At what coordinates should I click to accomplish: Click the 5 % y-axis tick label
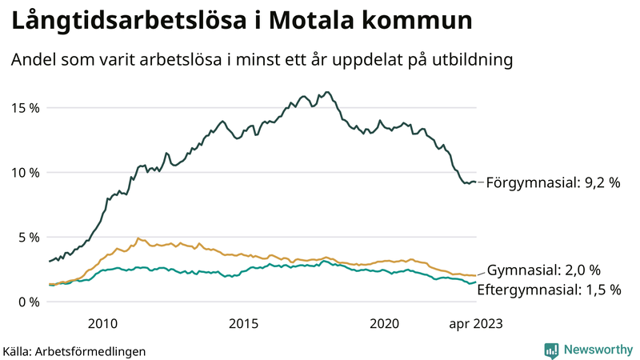click(x=30, y=238)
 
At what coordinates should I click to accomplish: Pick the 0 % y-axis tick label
click(x=30, y=302)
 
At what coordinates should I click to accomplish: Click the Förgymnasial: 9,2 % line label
click(x=553, y=183)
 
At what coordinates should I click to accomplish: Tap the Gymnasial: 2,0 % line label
click(x=543, y=270)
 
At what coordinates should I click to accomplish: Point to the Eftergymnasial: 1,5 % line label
click(x=549, y=290)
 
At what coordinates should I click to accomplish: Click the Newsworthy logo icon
click(x=551, y=350)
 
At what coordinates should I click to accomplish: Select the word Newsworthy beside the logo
click(x=597, y=350)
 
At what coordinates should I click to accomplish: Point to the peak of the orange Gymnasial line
click(x=138, y=238)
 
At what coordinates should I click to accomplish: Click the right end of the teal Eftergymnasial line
click(x=476, y=282)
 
